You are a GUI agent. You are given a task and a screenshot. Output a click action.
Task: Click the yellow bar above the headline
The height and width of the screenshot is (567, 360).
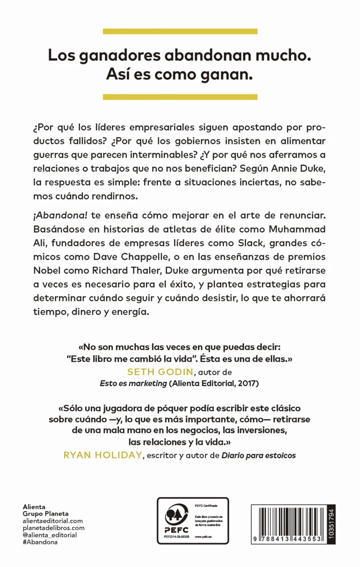(x=180, y=31)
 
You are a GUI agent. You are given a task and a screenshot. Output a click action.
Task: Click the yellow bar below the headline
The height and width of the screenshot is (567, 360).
(x=180, y=97)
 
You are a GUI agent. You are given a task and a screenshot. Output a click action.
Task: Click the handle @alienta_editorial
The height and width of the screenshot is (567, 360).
(x=50, y=535)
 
